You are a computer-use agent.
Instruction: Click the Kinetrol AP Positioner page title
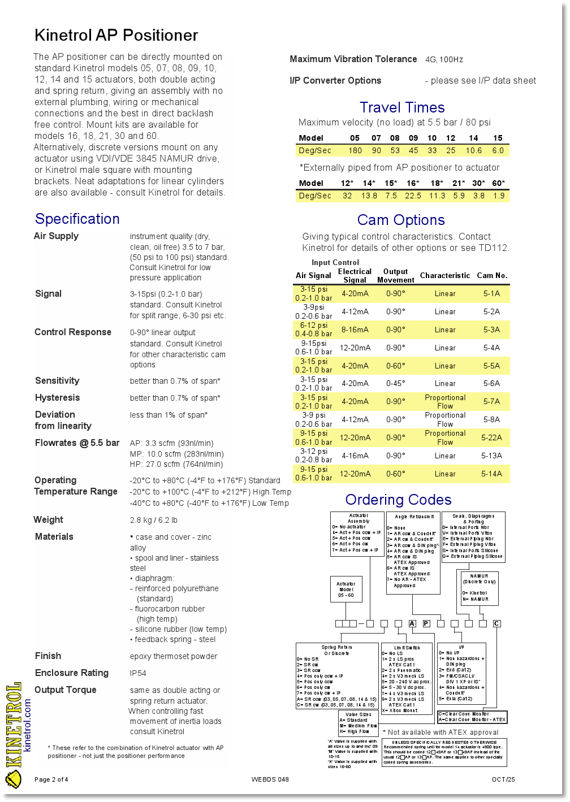(x=116, y=36)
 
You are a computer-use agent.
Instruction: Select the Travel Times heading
(x=402, y=107)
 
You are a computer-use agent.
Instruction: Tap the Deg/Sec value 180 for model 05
(x=355, y=150)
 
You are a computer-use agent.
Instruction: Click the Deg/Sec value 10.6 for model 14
(x=474, y=150)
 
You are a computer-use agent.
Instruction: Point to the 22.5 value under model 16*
(x=413, y=196)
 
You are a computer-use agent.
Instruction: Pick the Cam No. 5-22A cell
(x=491, y=437)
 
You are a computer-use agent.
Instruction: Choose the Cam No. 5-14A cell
(x=491, y=474)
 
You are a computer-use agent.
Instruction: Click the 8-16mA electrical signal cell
(x=355, y=330)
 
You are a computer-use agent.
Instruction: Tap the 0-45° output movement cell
(x=395, y=383)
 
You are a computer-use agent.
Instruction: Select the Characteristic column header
(x=445, y=275)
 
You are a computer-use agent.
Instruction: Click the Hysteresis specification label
(x=57, y=398)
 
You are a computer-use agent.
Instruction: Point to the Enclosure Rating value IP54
(x=138, y=673)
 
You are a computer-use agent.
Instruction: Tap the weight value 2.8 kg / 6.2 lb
(x=154, y=520)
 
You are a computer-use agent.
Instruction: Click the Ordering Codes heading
(x=398, y=500)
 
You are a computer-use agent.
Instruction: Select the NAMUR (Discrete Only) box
(x=479, y=588)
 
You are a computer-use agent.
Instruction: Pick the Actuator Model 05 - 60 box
(x=346, y=589)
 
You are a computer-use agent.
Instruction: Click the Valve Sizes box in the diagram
(x=359, y=723)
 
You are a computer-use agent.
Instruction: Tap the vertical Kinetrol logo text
(x=13, y=726)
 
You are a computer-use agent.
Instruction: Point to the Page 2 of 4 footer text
(x=51, y=779)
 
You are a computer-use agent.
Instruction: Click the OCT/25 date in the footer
(x=503, y=779)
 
